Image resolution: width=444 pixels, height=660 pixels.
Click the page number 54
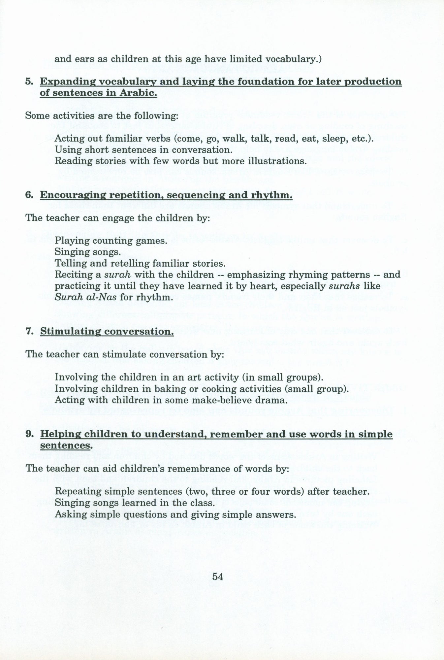tap(218, 576)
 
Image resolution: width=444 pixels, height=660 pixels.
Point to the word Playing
tap(70, 241)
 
